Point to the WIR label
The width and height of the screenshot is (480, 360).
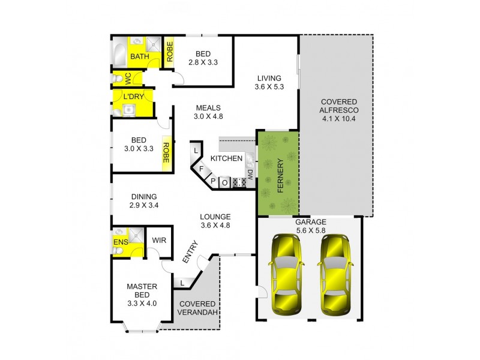[159, 240]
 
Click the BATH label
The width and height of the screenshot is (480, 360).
[140, 57]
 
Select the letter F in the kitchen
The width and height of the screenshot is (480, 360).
[202, 170]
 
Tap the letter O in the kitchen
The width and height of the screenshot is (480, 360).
[224, 182]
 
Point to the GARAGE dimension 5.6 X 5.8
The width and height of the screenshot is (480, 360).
[310, 230]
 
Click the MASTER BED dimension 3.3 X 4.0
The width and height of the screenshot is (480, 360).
[142, 303]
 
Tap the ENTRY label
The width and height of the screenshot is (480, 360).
[188, 254]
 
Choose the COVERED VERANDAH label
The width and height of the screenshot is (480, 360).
[198, 308]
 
